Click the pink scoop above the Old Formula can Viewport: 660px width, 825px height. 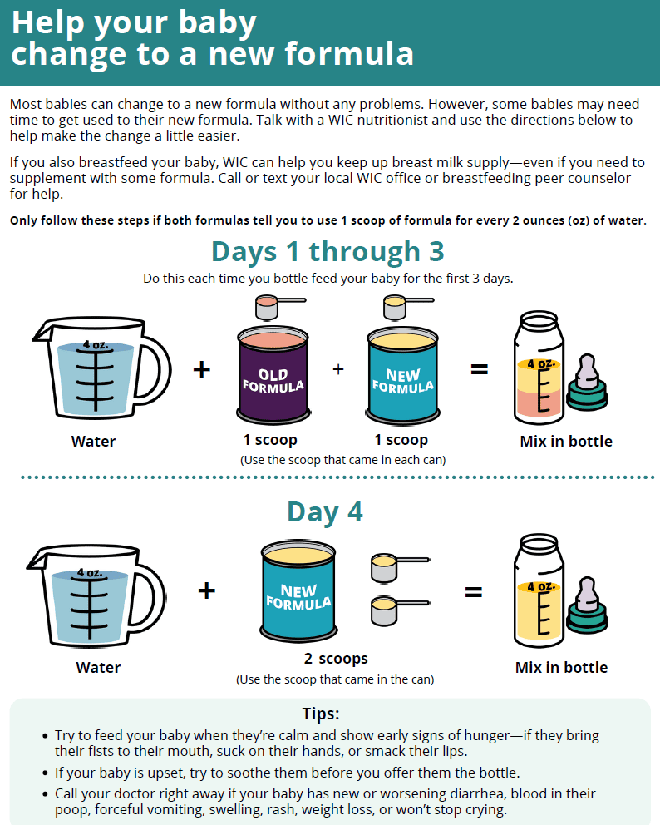tap(278, 307)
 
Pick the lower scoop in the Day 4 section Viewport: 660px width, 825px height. tap(399, 610)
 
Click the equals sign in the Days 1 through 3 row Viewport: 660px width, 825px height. tap(479, 370)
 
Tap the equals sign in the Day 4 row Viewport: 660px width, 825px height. tap(473, 592)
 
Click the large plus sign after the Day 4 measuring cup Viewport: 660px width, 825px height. tap(207, 590)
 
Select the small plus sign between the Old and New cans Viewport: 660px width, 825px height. tap(338, 369)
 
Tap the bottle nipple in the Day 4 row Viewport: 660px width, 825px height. tap(587, 605)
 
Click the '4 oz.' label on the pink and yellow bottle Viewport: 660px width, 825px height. tap(540, 364)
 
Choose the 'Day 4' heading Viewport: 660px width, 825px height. tap(325, 512)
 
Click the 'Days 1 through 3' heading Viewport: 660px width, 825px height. tap(328, 251)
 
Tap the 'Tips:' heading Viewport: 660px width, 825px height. tap(321, 714)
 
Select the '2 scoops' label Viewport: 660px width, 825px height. tap(336, 659)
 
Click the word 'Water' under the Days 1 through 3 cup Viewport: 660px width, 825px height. tap(93, 442)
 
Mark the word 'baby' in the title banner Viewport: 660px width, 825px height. tap(217, 24)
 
